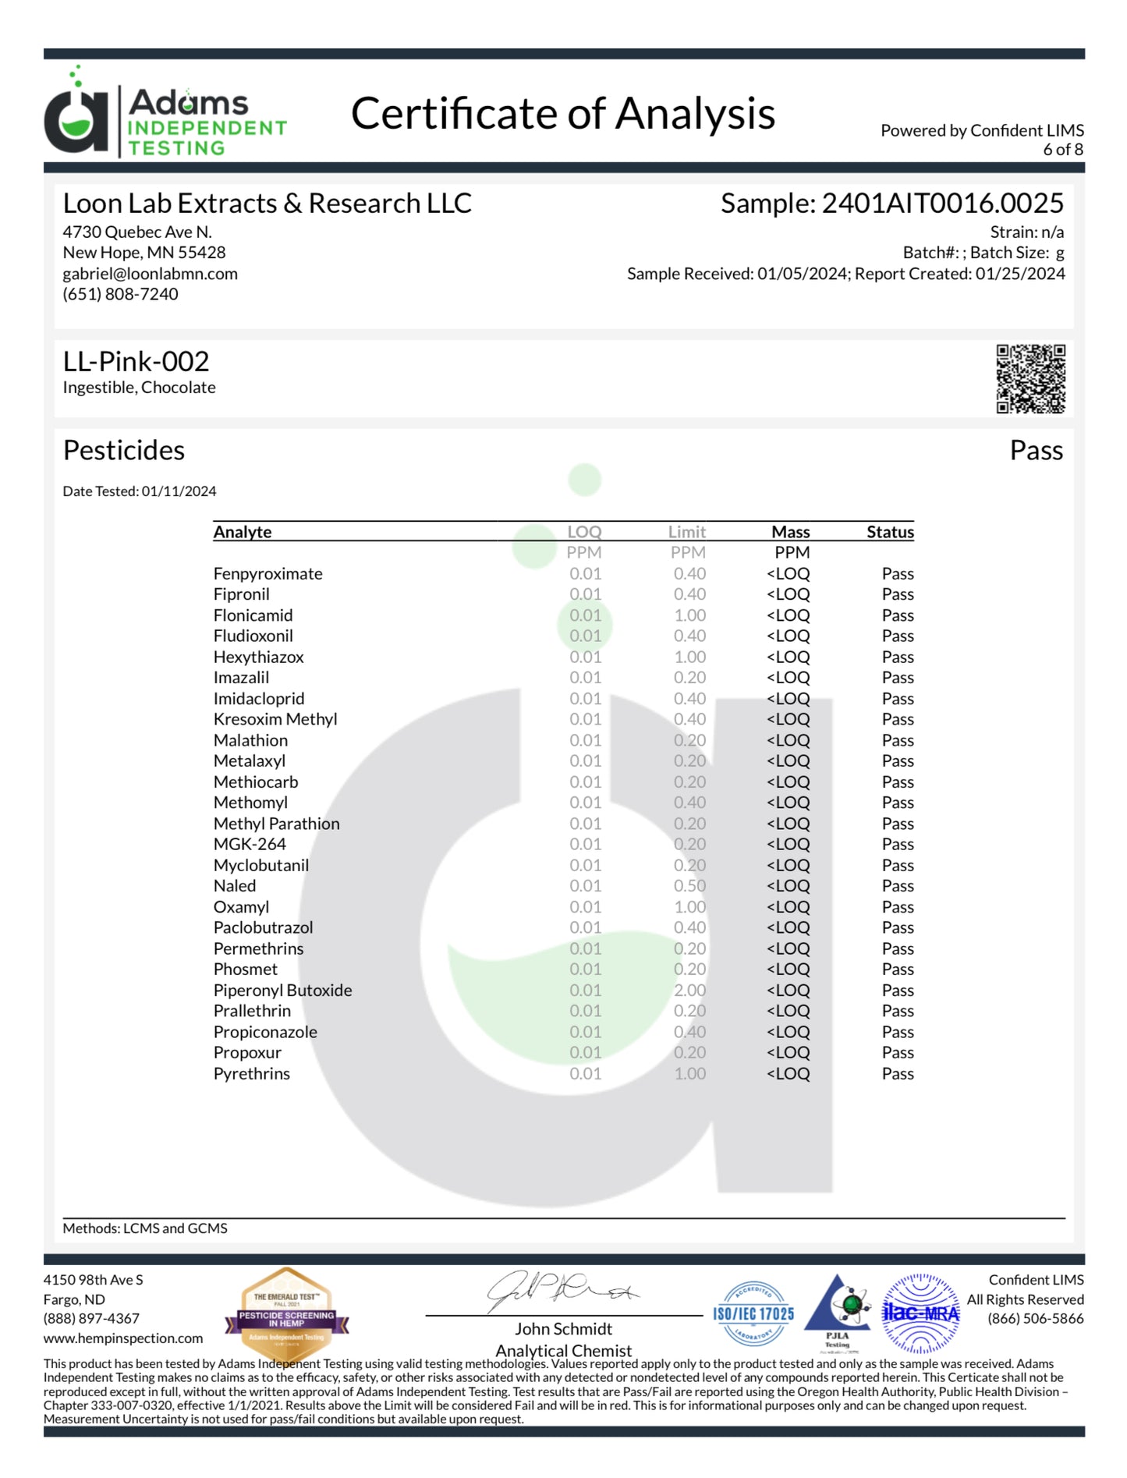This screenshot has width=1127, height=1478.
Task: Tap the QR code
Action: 1030,378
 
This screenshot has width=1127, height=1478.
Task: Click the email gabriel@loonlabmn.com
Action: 150,274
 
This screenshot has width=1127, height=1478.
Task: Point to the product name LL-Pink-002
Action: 136,362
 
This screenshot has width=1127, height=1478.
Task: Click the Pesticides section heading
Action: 123,451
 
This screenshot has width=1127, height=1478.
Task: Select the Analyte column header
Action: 243,532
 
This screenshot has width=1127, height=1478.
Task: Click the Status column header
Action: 889,532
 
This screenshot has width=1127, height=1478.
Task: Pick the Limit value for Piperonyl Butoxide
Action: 689,991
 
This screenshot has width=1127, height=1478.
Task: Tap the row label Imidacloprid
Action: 259,699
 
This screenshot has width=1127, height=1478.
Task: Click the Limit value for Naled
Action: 689,886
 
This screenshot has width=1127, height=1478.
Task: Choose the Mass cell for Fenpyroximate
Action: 788,574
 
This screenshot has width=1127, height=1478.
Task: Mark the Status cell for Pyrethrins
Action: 897,1074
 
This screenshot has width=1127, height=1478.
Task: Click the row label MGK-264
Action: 250,845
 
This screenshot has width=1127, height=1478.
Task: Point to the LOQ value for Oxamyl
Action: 585,907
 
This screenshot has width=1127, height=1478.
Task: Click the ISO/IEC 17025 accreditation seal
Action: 753,1314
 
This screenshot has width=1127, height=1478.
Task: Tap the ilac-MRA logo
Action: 920,1313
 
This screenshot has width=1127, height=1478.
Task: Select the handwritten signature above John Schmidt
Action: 562,1292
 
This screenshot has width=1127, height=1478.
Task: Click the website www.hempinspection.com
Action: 123,1338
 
